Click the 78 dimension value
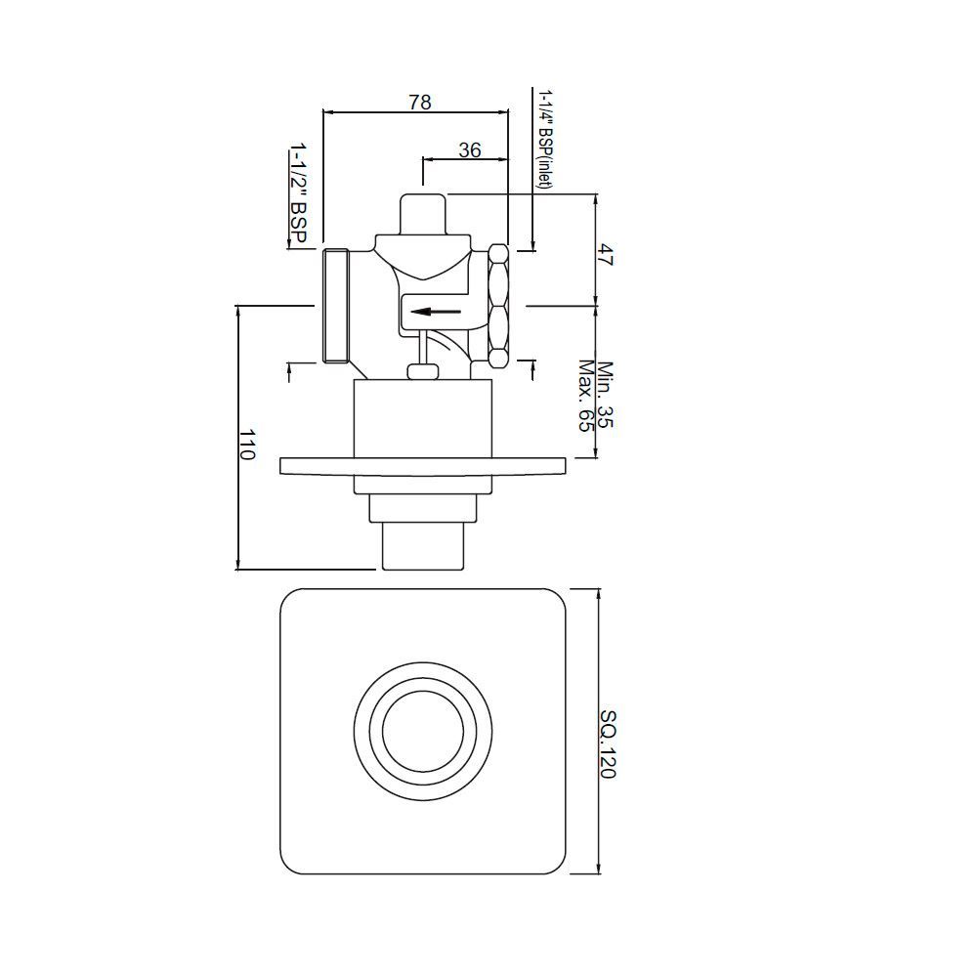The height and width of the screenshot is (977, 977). (420, 101)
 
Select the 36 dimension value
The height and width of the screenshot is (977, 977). (470, 149)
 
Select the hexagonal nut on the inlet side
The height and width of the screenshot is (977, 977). (499, 305)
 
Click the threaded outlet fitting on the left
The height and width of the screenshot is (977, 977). (334, 305)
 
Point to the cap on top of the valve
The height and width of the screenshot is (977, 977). (422, 212)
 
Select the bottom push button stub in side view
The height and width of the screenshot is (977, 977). (421, 547)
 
